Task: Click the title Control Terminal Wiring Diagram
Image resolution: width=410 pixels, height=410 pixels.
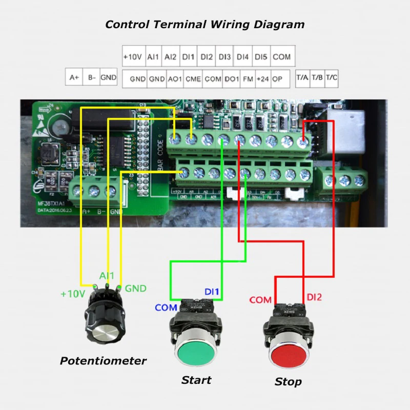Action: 204,24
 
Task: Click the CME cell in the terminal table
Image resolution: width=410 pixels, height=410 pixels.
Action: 193,79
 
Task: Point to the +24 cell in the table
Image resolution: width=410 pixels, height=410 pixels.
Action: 262,79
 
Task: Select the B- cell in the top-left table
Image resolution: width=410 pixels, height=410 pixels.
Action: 92,77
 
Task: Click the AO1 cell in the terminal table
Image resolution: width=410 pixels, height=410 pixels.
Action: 175,79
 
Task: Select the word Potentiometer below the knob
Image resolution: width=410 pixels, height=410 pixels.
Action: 103,361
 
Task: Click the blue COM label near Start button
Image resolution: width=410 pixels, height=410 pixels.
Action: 166,307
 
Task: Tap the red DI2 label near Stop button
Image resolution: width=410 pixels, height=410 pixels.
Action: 314,297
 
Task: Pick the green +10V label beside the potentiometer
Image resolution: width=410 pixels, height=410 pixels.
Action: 72,294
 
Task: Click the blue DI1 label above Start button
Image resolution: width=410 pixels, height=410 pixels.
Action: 212,292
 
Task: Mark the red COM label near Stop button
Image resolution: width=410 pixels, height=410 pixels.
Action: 260,300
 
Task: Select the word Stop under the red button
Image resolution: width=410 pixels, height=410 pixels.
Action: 288,382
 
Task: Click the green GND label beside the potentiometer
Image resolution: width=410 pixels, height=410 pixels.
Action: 135,289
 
